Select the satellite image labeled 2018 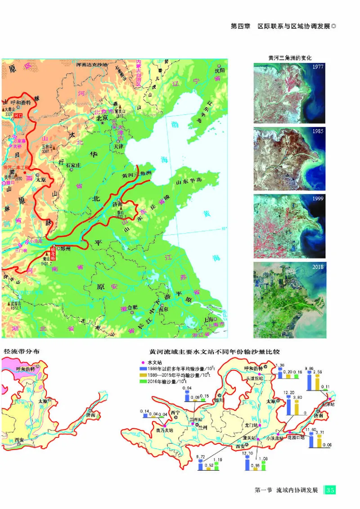pyautogui.click(x=289, y=299)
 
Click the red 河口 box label pyautogui.click(x=18, y=116)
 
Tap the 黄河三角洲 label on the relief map pyautogui.click(x=137, y=173)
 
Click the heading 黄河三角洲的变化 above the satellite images pyautogui.click(x=289, y=58)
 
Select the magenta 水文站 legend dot pyautogui.click(x=143, y=362)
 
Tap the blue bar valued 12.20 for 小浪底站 pyautogui.click(x=289, y=407)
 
